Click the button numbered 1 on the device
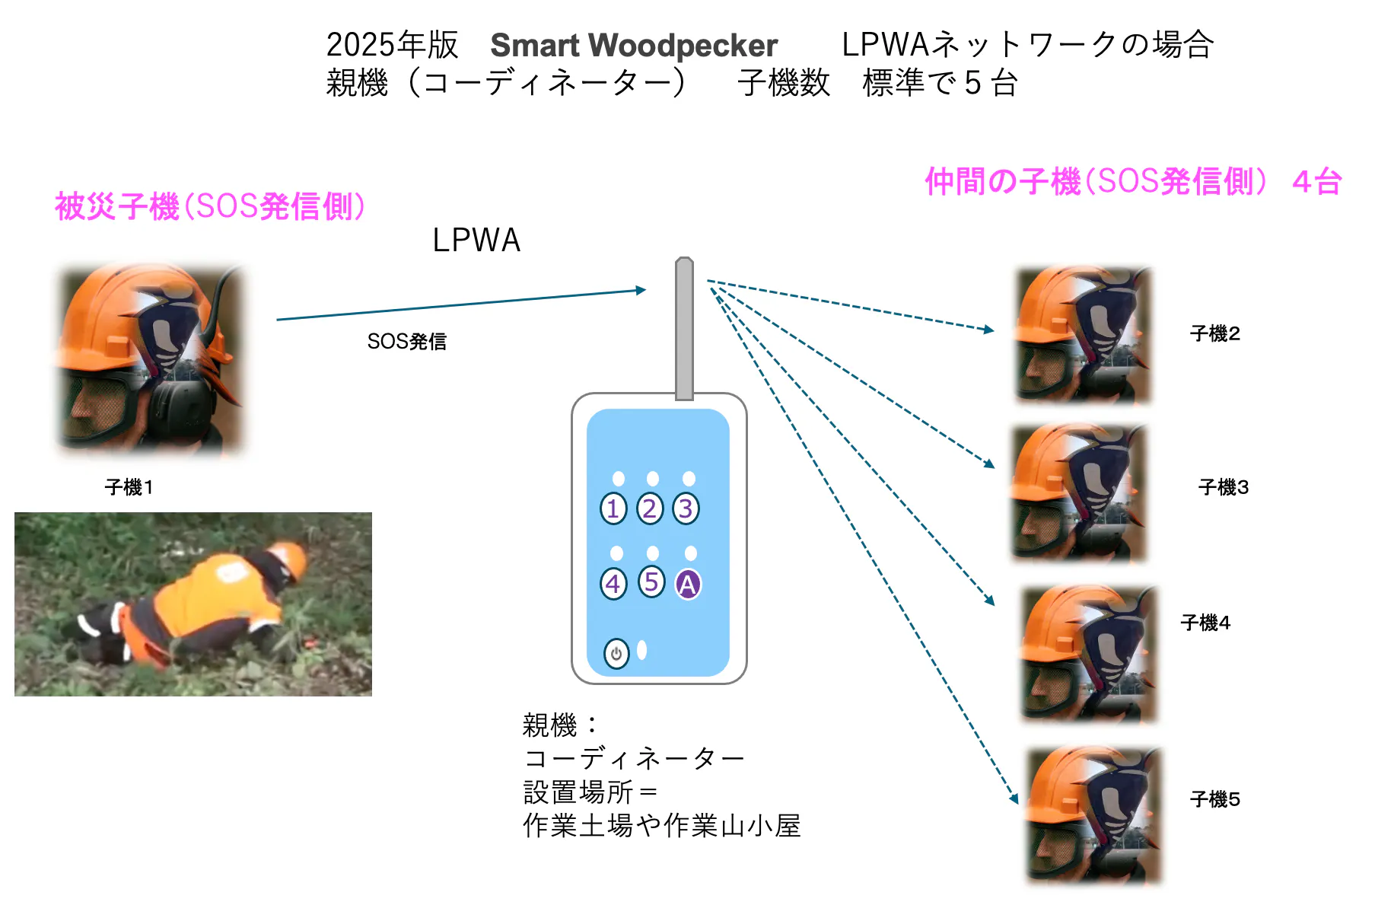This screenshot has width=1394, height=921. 613,508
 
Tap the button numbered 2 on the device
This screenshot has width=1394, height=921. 650,508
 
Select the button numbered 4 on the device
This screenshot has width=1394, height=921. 613,584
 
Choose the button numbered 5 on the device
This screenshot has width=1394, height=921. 651,582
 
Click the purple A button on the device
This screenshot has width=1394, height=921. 688,584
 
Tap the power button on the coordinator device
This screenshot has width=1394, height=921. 616,653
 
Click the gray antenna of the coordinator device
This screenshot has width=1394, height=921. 684,329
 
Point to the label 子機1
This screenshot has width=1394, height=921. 129,487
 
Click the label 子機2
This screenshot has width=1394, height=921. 1215,333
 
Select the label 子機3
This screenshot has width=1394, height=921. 1224,487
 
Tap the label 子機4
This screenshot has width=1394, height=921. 1205,623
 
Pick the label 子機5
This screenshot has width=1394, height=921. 1215,799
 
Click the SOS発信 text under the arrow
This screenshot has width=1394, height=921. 406,342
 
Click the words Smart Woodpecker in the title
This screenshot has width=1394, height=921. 634,46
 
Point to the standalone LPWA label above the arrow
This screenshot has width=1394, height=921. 476,241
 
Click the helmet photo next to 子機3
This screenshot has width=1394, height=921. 1079,493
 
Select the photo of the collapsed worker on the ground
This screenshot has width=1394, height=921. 193,604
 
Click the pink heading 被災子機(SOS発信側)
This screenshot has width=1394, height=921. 210,206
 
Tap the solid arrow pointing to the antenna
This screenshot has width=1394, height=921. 461,304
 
